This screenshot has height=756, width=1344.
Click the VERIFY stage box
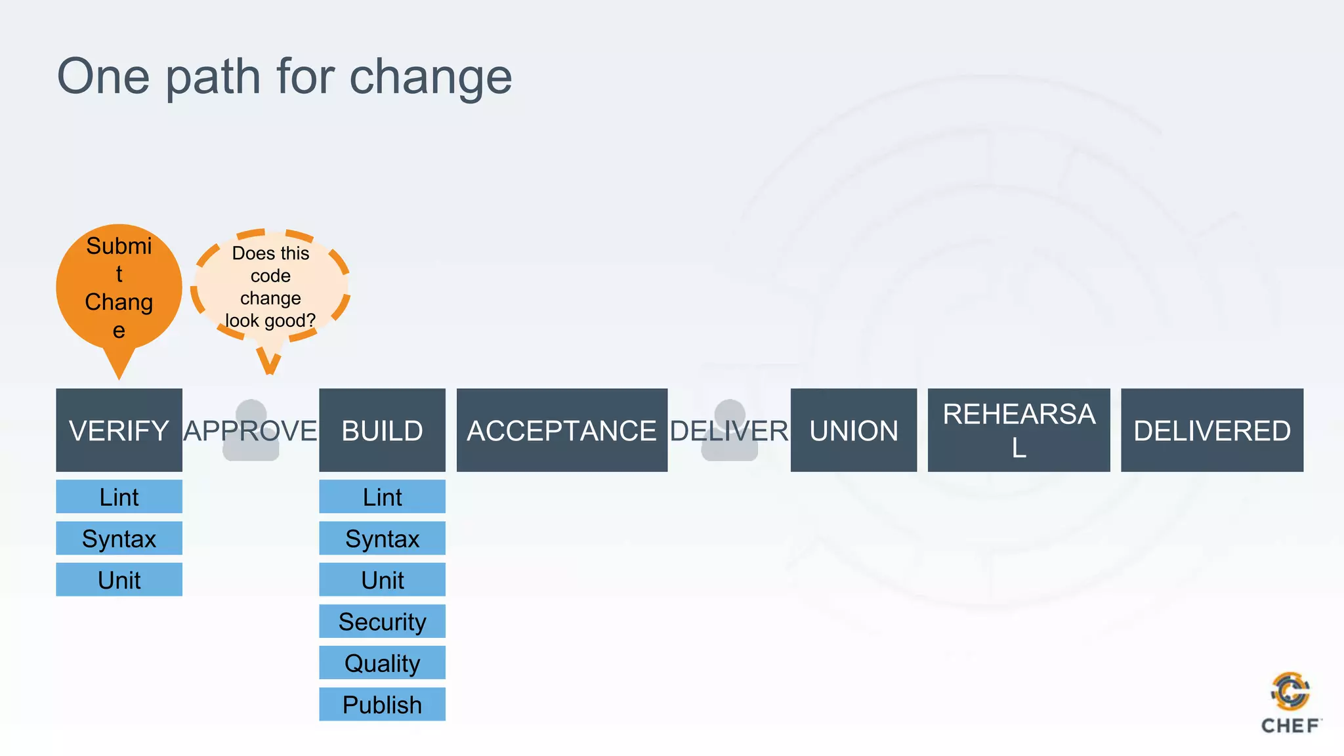click(119, 430)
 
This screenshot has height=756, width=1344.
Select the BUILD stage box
click(382, 430)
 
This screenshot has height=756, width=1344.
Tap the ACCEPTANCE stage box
click(562, 430)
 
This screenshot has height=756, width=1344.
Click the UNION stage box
click(853, 430)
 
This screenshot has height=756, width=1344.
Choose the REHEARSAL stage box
click(1018, 430)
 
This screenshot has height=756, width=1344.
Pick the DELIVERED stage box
click(1211, 430)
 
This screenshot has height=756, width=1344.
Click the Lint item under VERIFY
click(119, 497)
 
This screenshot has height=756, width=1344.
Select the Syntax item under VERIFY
click(119, 538)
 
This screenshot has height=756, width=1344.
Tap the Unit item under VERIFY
click(119, 579)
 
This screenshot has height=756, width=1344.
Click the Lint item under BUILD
click(382, 497)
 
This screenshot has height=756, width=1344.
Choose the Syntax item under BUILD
click(382, 538)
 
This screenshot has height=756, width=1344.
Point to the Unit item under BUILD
click(382, 579)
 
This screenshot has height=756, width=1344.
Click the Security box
click(382, 621)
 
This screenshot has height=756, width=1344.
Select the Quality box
click(382, 663)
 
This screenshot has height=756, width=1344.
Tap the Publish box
click(382, 704)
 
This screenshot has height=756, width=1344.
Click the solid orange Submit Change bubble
click(119, 287)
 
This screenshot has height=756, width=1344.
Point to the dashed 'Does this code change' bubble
click(270, 287)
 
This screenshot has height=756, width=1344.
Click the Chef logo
click(1290, 702)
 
